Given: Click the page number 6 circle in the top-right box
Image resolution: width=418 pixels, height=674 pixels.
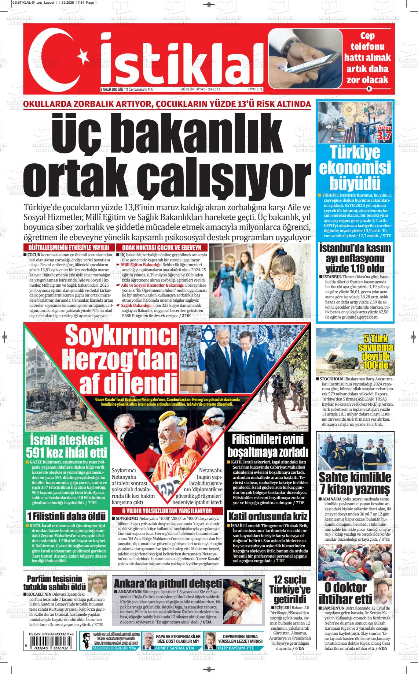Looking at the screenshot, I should (x=369, y=89).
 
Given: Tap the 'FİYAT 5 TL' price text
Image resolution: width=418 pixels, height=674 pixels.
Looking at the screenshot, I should (x=255, y=89).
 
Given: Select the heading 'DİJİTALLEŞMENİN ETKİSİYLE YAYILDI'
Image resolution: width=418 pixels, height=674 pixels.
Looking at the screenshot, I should (x=69, y=248).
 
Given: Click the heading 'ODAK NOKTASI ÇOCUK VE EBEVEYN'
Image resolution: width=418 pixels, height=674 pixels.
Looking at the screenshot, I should (x=162, y=248).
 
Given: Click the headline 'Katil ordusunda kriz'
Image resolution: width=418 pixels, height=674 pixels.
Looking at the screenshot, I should (x=267, y=517).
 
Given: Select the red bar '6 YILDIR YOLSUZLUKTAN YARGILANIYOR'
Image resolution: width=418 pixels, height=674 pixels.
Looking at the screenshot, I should (x=167, y=511).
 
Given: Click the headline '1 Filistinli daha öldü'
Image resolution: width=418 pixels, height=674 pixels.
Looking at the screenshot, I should (x=66, y=517).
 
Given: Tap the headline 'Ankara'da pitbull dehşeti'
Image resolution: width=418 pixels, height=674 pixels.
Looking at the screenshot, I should (x=168, y=583).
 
